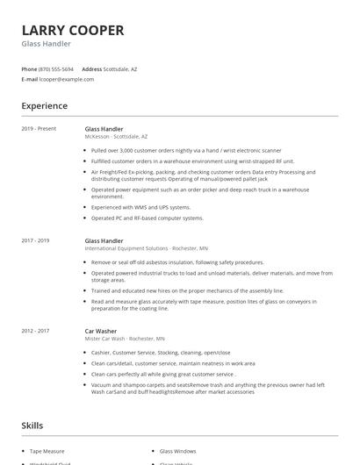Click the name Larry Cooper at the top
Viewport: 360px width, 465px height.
pyautogui.click(x=73, y=30)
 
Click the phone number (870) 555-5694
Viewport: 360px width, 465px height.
pyautogui.click(x=57, y=68)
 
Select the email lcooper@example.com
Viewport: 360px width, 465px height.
pyautogui.click(x=67, y=79)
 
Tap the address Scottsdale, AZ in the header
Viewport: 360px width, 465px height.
pyautogui.click(x=120, y=68)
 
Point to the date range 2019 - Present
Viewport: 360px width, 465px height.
pyautogui.click(x=39, y=129)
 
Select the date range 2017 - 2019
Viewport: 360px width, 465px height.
pyautogui.click(x=36, y=240)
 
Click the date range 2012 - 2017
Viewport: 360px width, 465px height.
pyautogui.click(x=36, y=330)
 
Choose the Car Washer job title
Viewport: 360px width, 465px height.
pyautogui.click(x=101, y=330)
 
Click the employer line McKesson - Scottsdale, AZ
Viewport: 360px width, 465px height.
pyautogui.click(x=116, y=137)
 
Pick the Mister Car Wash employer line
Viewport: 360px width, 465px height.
pyautogui.click(x=124, y=338)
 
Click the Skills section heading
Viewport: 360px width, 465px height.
pyautogui.click(x=32, y=426)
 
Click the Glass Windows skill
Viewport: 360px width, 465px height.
pyautogui.click(x=178, y=450)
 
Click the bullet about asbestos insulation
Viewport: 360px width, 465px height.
pyautogui.click(x=177, y=262)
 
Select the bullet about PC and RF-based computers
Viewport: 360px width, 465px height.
pyautogui.click(x=147, y=218)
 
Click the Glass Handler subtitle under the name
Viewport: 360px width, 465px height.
pyautogui.click(x=47, y=44)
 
